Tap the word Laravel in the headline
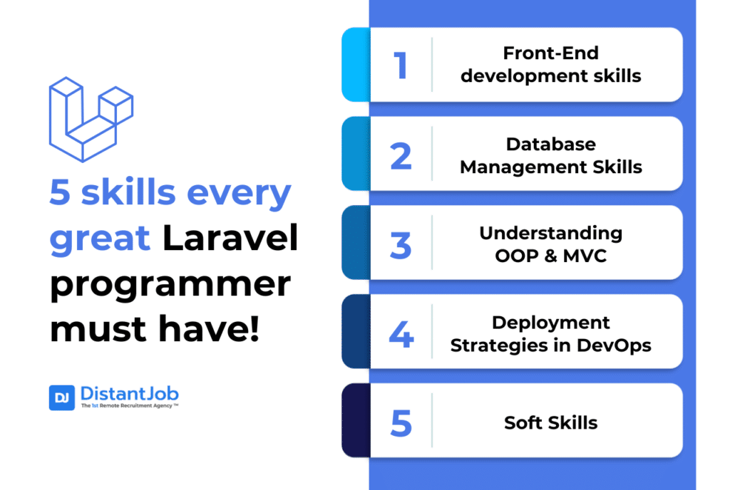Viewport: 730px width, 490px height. [x=230, y=238]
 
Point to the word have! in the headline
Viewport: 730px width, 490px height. [x=209, y=328]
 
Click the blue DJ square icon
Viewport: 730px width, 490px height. [x=62, y=397]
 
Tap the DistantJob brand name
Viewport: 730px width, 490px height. [x=130, y=394]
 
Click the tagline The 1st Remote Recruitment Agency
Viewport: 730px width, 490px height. [x=130, y=406]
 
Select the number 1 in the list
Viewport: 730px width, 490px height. [x=401, y=65]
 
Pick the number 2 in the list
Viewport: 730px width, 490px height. [x=401, y=156]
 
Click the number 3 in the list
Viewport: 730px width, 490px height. [x=401, y=245]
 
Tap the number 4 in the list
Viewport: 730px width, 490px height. [x=401, y=334]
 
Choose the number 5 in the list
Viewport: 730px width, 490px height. [x=401, y=423]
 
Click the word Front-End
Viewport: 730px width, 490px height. [x=551, y=53]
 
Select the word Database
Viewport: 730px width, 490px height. [x=551, y=144]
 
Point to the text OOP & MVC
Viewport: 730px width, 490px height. [x=551, y=256]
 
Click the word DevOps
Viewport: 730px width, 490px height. [x=614, y=345]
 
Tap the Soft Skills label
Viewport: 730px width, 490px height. [x=551, y=422]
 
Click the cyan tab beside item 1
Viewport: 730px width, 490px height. [x=356, y=65]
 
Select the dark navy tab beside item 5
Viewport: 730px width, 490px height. [x=356, y=420]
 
